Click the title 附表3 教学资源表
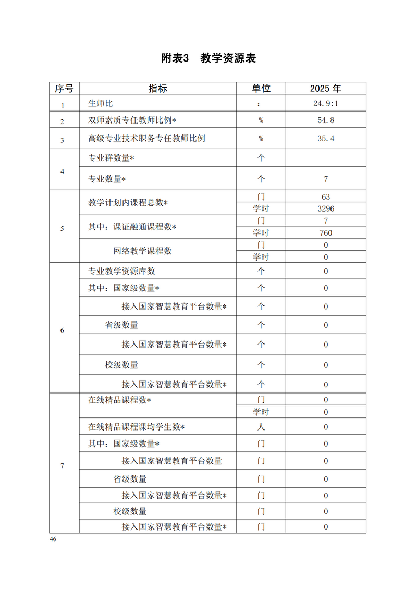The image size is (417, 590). pyautogui.click(x=208, y=58)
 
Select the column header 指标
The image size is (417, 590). pyautogui.click(x=158, y=89)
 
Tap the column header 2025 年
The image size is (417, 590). pyautogui.click(x=326, y=89)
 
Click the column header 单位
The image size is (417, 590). pyautogui.click(x=261, y=89)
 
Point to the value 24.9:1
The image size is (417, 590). pyautogui.click(x=326, y=104)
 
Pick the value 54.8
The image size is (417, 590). pyautogui.click(x=326, y=121)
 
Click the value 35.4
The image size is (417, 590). pyautogui.click(x=326, y=139)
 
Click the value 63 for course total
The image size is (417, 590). pyautogui.click(x=326, y=197)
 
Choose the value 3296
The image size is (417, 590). pyautogui.click(x=326, y=208)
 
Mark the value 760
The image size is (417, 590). pyautogui.click(x=326, y=233)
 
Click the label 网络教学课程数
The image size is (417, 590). pyautogui.click(x=142, y=251)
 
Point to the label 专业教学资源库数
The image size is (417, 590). pyautogui.click(x=121, y=271)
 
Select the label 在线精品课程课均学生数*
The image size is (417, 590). pyautogui.click(x=137, y=427)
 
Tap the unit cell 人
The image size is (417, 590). pyautogui.click(x=261, y=427)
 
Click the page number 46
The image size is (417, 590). pyautogui.click(x=53, y=539)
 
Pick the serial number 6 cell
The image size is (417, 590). pyautogui.click(x=63, y=330)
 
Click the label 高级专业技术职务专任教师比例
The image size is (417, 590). pyautogui.click(x=146, y=139)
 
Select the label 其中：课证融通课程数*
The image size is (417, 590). pyautogui.click(x=132, y=227)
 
